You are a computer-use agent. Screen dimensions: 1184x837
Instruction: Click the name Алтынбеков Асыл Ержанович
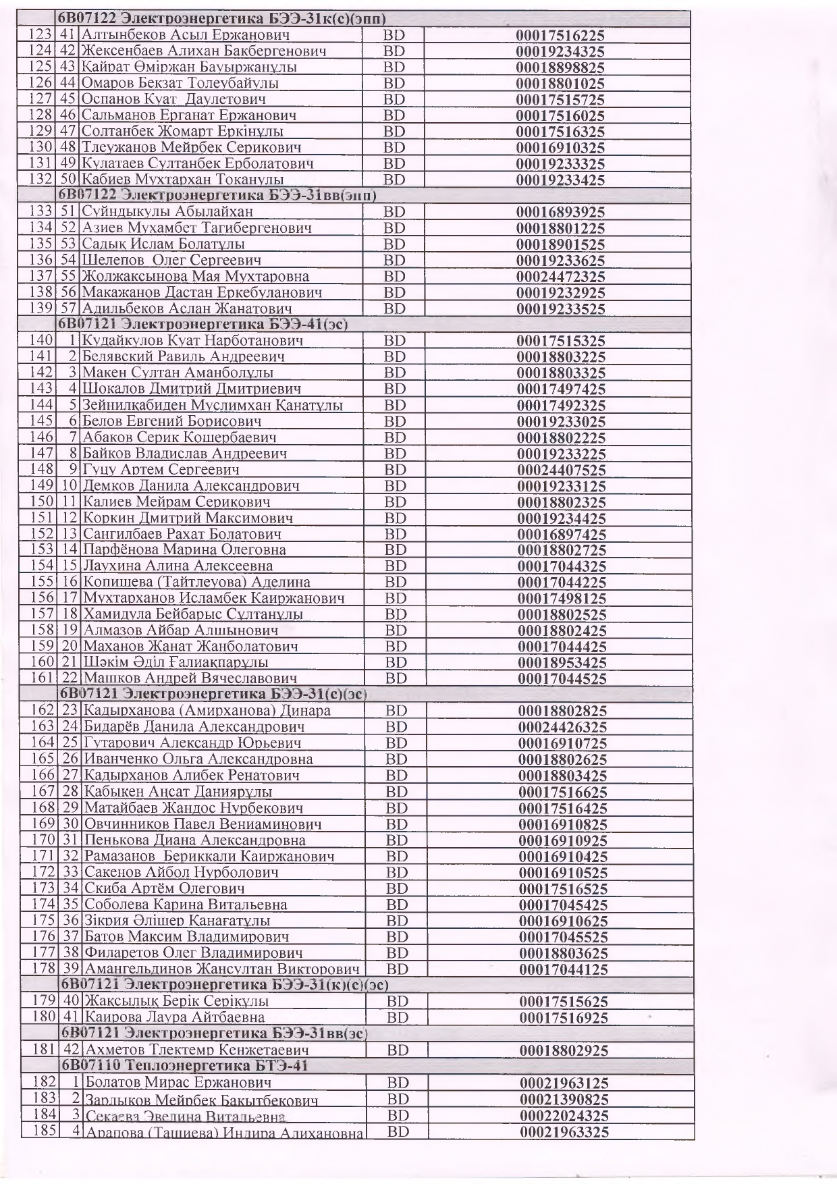(185, 35)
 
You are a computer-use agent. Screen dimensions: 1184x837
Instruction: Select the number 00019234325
(560, 52)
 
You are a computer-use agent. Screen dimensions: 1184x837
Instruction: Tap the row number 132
(41, 180)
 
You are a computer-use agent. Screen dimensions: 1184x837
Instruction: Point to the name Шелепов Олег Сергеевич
(171, 261)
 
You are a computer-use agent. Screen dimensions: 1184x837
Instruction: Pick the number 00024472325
(560, 277)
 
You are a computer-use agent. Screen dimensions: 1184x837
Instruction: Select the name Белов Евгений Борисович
(171, 421)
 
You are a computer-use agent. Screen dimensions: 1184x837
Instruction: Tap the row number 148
(41, 469)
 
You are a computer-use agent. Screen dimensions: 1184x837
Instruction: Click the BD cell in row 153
(395, 550)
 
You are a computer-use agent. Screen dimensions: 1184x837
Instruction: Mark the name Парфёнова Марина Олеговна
(184, 550)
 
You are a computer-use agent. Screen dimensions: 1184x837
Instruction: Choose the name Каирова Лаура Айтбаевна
(173, 1017)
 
